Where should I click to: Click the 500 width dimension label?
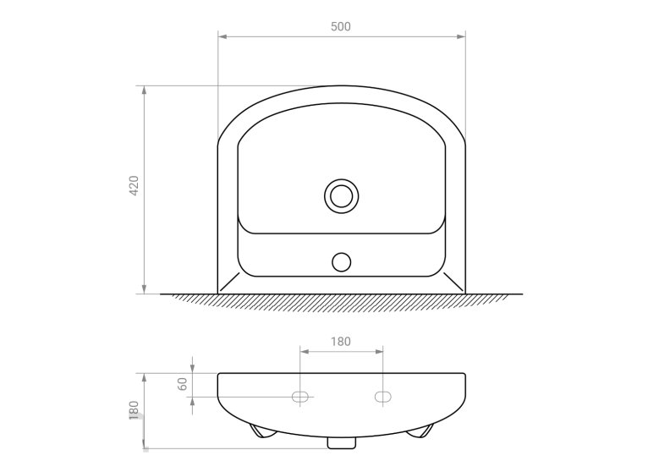341,26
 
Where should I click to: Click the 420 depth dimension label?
134,185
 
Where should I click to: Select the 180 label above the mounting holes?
341,342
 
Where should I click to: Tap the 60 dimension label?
182,384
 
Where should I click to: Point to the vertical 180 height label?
134,409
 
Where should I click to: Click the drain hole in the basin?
342,196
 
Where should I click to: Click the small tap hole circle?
342,262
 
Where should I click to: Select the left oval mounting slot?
300,397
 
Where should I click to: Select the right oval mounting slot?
382,397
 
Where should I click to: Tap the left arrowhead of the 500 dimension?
222,36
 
